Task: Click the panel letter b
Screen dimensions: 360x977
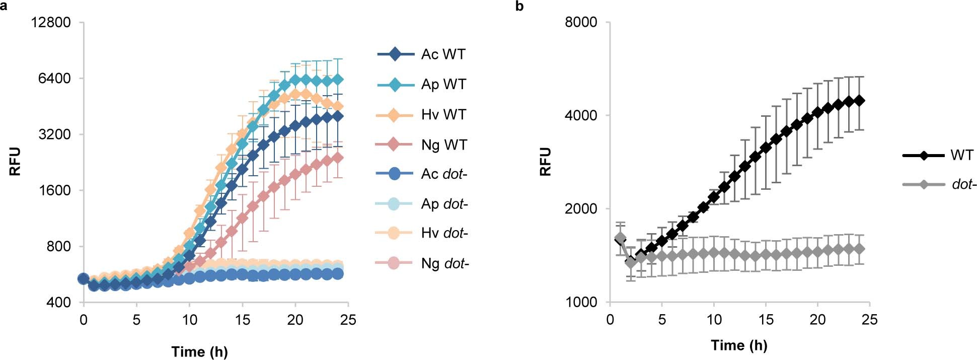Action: pos(519,6)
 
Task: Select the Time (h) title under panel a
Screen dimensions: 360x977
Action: pos(199,351)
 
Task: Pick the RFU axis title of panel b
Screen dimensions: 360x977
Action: pos(546,161)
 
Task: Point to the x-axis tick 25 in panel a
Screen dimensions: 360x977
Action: pos(348,320)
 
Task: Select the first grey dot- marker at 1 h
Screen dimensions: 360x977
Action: pos(620,238)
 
